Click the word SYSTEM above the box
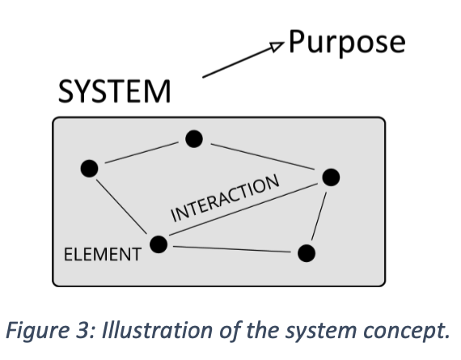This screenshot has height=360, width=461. point(114,91)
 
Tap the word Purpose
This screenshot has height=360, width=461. point(347,43)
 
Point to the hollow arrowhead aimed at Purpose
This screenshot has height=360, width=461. point(277,47)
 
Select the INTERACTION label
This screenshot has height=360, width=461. point(225,198)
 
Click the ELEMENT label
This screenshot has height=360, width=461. point(103,254)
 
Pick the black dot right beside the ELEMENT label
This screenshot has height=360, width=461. point(159,244)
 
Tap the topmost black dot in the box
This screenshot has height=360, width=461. point(194,139)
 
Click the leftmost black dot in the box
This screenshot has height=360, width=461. point(89,168)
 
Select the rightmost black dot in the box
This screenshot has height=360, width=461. point(331,177)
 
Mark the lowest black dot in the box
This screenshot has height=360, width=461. point(307,253)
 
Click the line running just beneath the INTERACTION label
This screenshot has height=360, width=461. point(243,210)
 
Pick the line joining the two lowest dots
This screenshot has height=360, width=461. point(231,249)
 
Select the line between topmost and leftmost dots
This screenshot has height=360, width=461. point(142,152)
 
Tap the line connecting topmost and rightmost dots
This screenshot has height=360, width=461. point(263,157)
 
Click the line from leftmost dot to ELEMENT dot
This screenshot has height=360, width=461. point(121,206)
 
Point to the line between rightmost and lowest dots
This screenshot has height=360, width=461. point(319,216)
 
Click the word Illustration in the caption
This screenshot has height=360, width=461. point(157,330)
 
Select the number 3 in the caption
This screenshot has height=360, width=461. point(82,331)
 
